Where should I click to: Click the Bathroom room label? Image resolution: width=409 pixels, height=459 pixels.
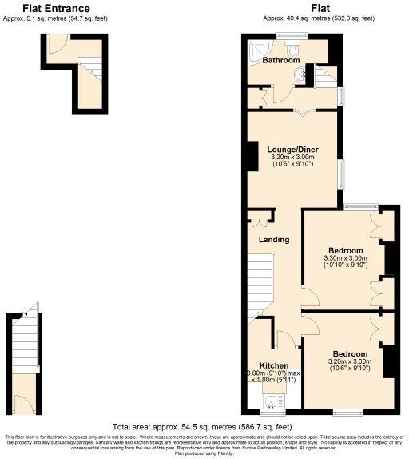tap(281, 60)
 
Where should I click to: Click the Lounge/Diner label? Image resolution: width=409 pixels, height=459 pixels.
tap(293, 150)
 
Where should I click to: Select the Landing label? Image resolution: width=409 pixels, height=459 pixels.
tap(273, 240)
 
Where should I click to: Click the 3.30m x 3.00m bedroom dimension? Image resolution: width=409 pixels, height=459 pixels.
tap(345, 258)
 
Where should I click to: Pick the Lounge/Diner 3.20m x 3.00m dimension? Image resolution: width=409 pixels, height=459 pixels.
tap(293, 158)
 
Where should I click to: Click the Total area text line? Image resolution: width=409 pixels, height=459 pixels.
tap(201, 427)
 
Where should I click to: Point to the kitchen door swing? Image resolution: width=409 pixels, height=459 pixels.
tap(288, 340)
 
